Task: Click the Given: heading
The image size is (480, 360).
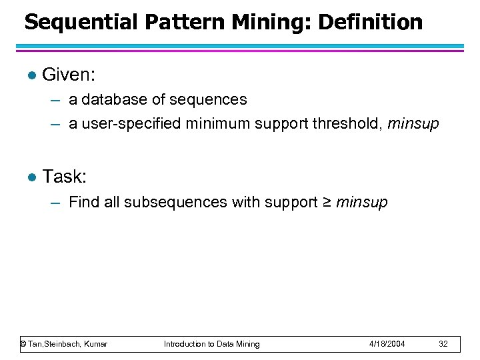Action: pos(70,75)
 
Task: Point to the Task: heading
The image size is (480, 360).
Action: pos(65,177)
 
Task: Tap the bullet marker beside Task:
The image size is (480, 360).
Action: pos(28,177)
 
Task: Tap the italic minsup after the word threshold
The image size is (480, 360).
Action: pos(413,124)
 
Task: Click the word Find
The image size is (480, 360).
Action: pos(84,202)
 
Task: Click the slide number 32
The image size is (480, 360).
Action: pos(444,344)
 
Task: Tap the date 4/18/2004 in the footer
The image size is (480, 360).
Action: pos(387,344)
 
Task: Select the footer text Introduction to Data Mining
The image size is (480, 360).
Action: pos(212,344)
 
